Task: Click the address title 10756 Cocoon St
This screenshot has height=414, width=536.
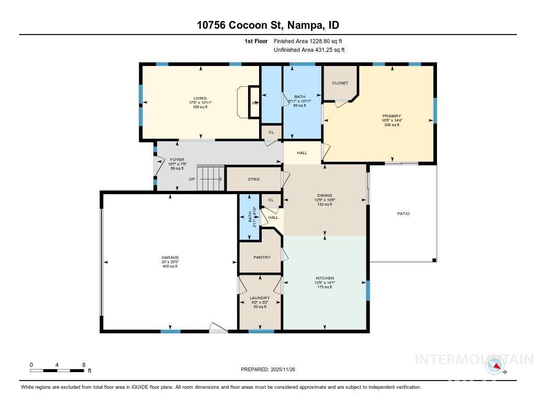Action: pyautogui.click(x=267, y=25)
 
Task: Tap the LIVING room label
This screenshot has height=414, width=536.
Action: pyautogui.click(x=200, y=98)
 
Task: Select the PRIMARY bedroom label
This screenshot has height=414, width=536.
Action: pyautogui.click(x=392, y=116)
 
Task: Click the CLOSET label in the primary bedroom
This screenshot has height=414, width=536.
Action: pyautogui.click(x=340, y=83)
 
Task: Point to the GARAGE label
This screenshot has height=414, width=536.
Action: pyautogui.click(x=170, y=258)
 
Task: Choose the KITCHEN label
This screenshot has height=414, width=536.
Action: pyautogui.click(x=325, y=278)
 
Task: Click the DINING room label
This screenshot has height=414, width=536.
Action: pyautogui.click(x=325, y=196)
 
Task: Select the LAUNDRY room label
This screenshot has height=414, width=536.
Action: pyautogui.click(x=260, y=298)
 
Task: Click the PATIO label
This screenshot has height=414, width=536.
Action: pyautogui.click(x=403, y=214)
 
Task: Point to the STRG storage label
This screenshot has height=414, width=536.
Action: pyautogui.click(x=253, y=180)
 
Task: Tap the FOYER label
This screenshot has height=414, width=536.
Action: pyautogui.click(x=177, y=159)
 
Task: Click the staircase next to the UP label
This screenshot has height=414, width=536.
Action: pyautogui.click(x=210, y=178)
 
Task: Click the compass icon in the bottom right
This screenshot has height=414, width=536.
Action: pyautogui.click(x=495, y=365)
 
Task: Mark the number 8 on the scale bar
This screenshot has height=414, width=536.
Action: pyautogui.click(x=83, y=365)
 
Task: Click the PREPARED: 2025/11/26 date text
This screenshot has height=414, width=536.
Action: pyautogui.click(x=271, y=370)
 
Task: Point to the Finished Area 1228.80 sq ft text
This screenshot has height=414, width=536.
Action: pyautogui.click(x=308, y=41)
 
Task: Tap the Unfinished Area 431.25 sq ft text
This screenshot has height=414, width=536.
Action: pyautogui.click(x=309, y=50)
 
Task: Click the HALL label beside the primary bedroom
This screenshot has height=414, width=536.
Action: pyautogui.click(x=302, y=153)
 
